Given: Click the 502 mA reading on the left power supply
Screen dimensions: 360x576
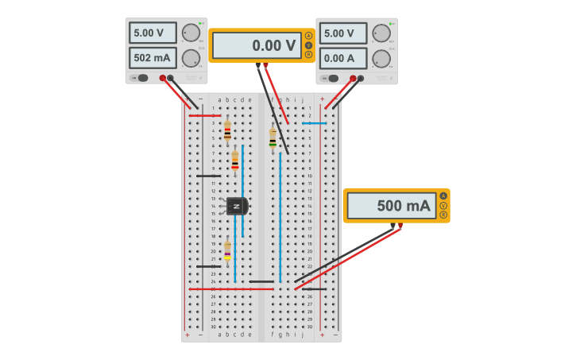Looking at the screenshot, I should (x=153, y=58).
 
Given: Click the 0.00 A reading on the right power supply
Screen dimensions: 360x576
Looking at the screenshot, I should (x=343, y=58).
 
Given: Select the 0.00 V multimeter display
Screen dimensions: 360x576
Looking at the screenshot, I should (x=257, y=46).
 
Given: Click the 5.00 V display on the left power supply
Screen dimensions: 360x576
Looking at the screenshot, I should (x=153, y=33).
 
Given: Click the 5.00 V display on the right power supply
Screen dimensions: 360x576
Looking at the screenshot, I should (x=343, y=33).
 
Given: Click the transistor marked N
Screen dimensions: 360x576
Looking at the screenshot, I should (x=237, y=206).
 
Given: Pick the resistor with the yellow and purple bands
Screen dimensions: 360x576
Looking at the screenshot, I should (x=227, y=251).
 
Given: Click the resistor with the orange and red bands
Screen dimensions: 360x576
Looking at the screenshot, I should (x=234, y=160).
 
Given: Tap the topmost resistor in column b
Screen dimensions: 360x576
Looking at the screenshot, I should (x=227, y=130).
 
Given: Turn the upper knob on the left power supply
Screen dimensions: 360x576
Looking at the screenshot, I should (x=191, y=33).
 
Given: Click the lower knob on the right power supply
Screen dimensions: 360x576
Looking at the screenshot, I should (x=381, y=59).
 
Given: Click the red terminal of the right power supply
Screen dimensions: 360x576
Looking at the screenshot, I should (x=353, y=78).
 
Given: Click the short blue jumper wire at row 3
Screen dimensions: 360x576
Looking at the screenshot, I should (x=314, y=123).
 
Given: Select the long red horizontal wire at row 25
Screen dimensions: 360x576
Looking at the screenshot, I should (x=230, y=289).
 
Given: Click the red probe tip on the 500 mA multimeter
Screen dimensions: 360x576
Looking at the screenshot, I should (x=400, y=226).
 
